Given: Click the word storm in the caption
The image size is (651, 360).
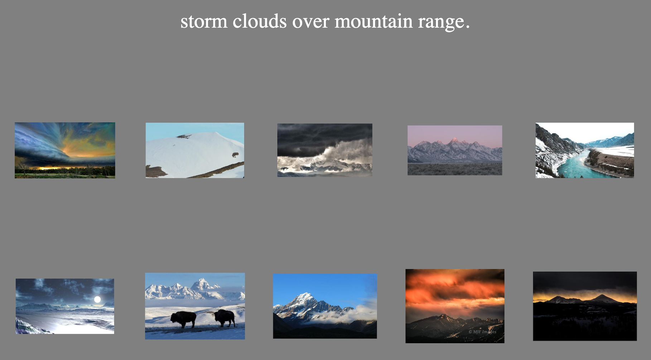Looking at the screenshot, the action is click(x=204, y=21).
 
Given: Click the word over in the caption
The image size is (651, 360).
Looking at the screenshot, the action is click(x=310, y=23).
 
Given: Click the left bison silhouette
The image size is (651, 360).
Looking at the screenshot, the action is click(x=183, y=319).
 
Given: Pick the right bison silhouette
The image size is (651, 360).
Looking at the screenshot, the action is click(x=225, y=318).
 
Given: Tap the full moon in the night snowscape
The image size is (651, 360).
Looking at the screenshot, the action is click(x=97, y=299).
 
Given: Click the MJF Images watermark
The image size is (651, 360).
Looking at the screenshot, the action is click(x=482, y=332).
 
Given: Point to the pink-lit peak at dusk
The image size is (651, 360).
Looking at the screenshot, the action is click(x=454, y=140).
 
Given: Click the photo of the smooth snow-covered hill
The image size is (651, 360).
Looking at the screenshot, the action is click(x=195, y=150).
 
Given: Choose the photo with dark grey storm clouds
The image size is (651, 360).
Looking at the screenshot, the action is click(x=325, y=150).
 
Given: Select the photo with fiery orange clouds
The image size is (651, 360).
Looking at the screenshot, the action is click(x=455, y=306).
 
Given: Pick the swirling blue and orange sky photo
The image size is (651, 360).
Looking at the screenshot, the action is click(x=65, y=150).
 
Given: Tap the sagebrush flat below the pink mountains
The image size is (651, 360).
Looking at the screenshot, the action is click(x=455, y=169).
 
